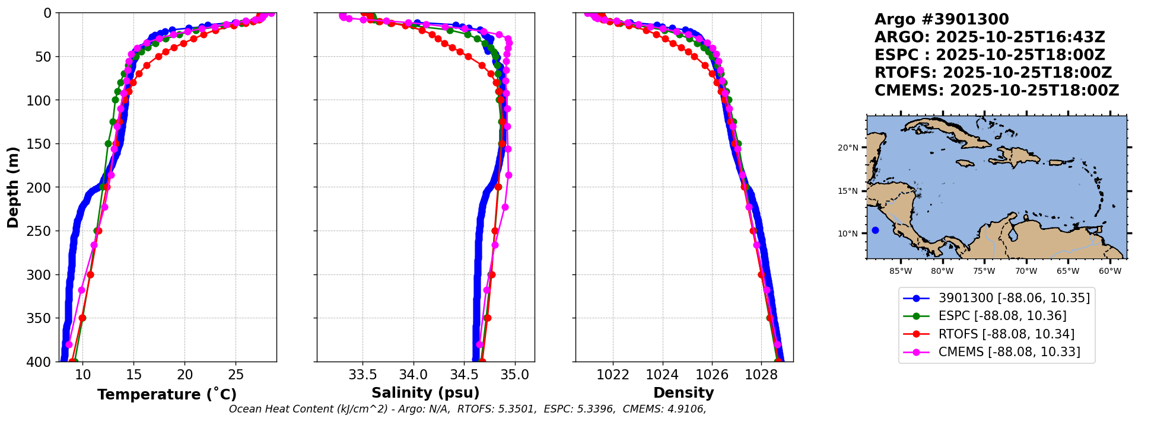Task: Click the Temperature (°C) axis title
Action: pyautogui.click(x=167, y=395)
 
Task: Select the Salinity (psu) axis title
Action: pyautogui.click(x=425, y=393)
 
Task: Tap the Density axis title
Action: pyautogui.click(x=683, y=393)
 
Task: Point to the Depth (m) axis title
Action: pyautogui.click(x=13, y=187)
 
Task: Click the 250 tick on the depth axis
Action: pyautogui.click(x=43, y=231)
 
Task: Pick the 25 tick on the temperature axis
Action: pyautogui.click(x=236, y=375)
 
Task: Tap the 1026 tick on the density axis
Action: pyautogui.click(x=711, y=375)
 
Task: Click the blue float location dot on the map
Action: pyautogui.click(x=875, y=230)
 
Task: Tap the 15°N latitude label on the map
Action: pyautogui.click(x=848, y=191)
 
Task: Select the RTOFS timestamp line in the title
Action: pyautogui.click(x=993, y=73)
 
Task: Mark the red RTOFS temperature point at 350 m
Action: pyautogui.click(x=82, y=318)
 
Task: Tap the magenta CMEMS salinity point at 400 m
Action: pyautogui.click(x=479, y=344)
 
